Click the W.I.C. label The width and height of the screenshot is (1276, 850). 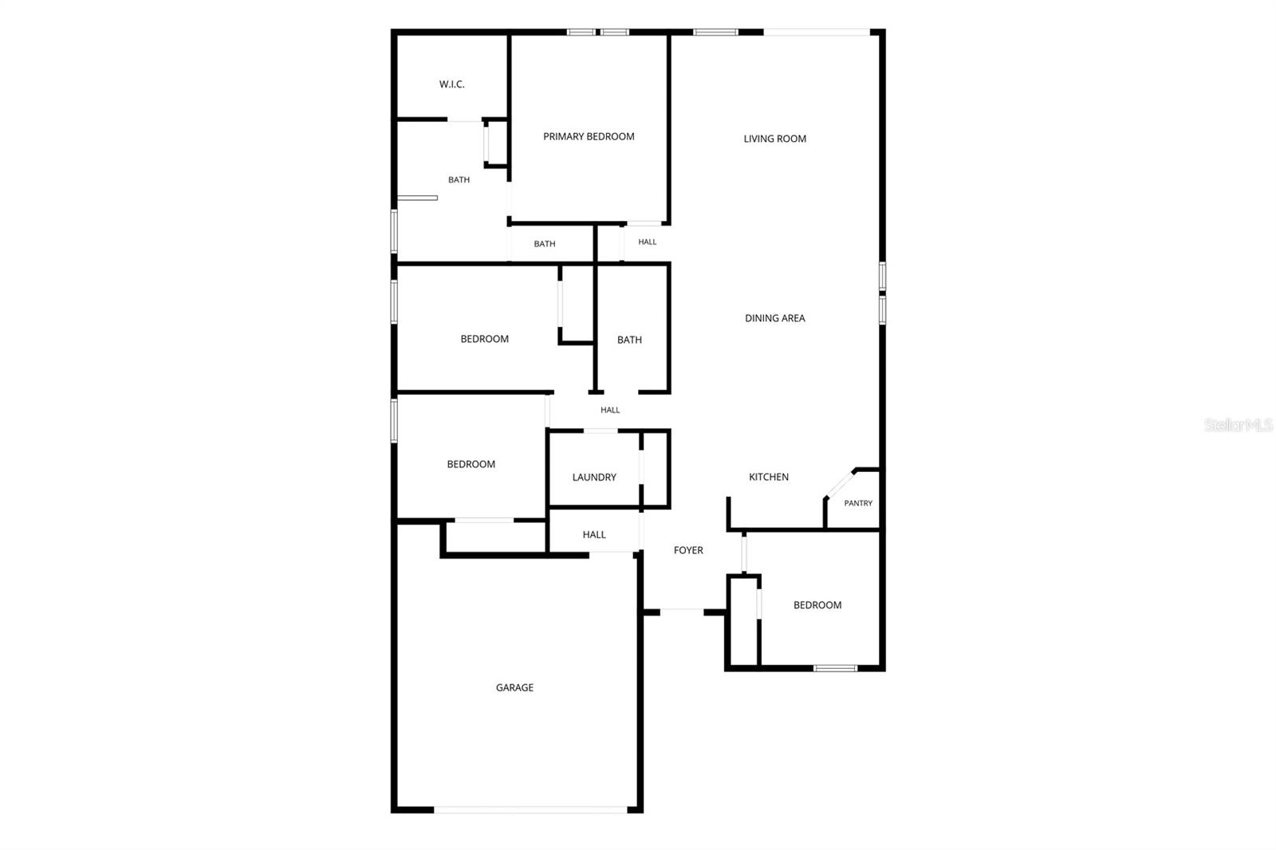451,85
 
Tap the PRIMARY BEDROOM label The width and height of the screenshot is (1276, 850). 589,136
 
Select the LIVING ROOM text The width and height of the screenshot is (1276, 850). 774,139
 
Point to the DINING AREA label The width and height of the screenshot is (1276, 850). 774,318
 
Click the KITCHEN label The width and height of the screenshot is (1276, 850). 769,477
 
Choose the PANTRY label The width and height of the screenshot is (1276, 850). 858,503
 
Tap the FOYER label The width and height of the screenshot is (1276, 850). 688,550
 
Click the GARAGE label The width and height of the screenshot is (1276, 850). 514,687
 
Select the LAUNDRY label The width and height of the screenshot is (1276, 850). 594,478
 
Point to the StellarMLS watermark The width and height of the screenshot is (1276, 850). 1239,425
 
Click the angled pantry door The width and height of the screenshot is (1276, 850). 840,484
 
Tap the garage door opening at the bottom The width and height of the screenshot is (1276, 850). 530,809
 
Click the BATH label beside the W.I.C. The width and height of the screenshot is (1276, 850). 459,180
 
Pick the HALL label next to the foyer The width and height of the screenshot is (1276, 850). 594,535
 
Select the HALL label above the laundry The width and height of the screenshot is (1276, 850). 610,410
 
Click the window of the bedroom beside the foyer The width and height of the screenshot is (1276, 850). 835,668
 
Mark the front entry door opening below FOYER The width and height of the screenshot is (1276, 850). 682,611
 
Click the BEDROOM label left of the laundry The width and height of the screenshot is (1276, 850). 471,464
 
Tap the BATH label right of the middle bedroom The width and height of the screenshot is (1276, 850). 629,340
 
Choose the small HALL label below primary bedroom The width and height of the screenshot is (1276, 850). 647,242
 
